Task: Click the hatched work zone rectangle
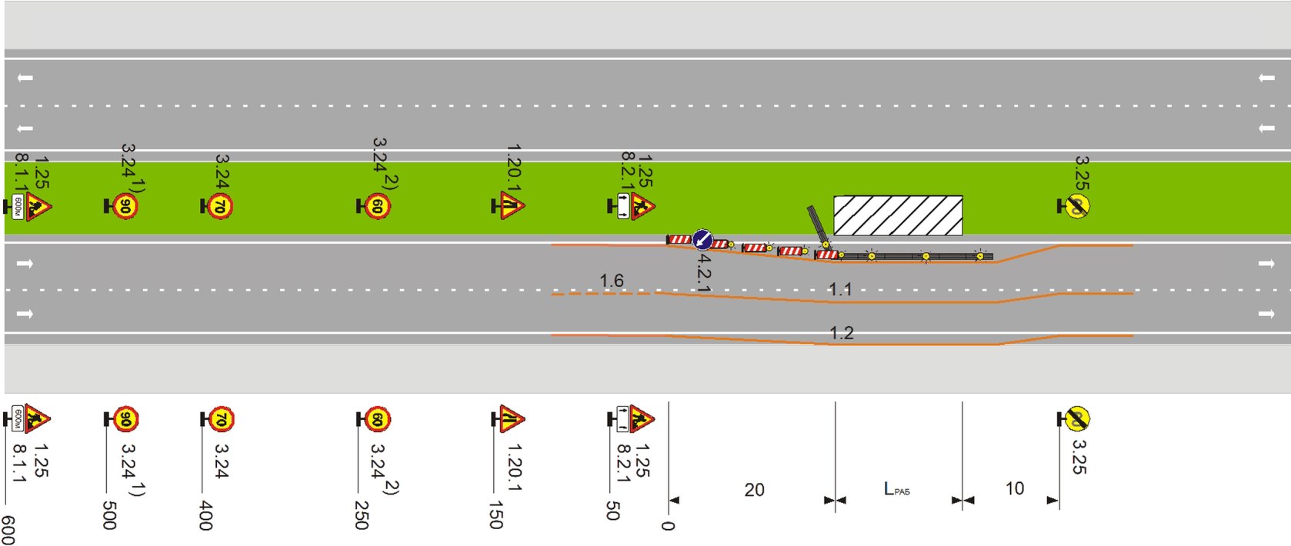[x=898, y=215]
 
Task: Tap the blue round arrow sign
[x=702, y=239]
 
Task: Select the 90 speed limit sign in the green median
[x=125, y=206]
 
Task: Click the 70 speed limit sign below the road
[x=220, y=420]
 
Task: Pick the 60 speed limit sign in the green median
[x=376, y=206]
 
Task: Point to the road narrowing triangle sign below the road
[x=511, y=419]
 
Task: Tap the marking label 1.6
[x=612, y=281]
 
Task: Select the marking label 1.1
[x=840, y=290]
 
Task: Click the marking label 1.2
[x=842, y=333]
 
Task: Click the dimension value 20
[x=754, y=490]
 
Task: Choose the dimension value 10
[x=1015, y=488]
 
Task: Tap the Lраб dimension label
[x=896, y=489]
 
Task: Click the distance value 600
[x=8, y=530]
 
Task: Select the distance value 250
[x=362, y=514]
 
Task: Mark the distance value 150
[x=496, y=514]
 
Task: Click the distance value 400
[x=205, y=514]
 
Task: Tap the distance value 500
[x=109, y=514]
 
